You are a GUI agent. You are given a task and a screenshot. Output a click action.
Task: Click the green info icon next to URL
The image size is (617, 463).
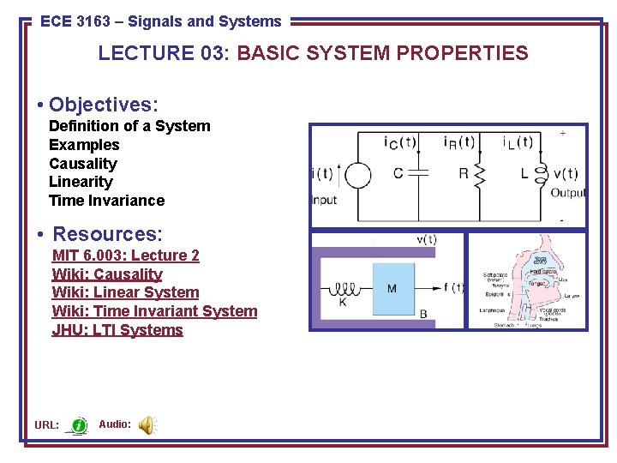79,425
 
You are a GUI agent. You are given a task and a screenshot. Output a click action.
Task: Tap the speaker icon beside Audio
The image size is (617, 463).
147,424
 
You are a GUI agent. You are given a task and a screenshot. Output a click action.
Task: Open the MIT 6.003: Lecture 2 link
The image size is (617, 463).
125,256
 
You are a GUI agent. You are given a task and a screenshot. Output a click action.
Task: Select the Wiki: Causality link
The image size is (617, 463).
107,274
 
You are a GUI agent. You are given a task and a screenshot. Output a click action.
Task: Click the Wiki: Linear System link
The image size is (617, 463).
125,292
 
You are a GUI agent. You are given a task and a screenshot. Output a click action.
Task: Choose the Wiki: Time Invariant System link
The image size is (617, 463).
154,311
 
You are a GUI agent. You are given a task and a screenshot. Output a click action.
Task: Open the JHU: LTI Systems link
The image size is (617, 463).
117,330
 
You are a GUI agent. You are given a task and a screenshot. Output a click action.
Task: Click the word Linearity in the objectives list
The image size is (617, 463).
81,182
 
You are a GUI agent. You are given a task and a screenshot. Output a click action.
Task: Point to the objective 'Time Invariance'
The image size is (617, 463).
106,201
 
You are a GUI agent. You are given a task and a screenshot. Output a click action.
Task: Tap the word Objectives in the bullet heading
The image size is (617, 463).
103,105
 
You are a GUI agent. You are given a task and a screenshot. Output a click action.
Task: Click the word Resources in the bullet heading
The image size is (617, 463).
107,234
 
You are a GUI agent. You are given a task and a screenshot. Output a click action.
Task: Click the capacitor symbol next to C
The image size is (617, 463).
419,174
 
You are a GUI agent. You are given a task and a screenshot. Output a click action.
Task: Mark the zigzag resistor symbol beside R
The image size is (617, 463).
480,175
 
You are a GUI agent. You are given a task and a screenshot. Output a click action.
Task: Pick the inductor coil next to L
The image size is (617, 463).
541,174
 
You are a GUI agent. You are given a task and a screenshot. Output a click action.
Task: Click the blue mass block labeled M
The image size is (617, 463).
393,288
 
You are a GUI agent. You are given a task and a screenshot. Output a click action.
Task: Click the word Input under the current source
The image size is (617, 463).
324,200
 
